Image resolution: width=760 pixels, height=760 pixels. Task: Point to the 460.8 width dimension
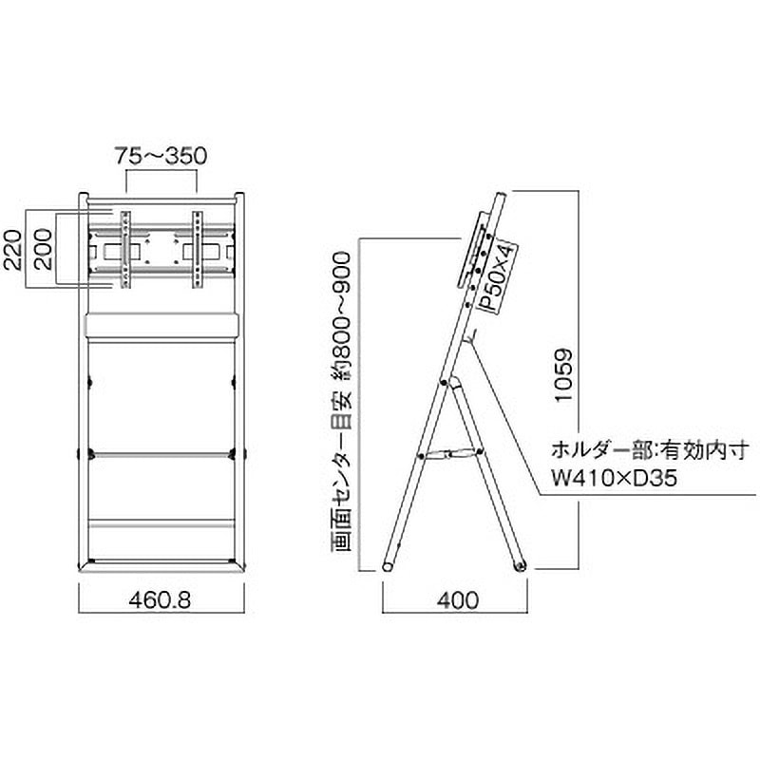(x=161, y=601)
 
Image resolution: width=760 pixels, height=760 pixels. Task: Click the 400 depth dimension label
(x=453, y=601)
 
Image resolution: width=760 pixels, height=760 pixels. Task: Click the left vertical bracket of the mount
(x=123, y=249)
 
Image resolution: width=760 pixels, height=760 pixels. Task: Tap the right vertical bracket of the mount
(x=198, y=249)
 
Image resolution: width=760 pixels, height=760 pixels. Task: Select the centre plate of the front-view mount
(x=161, y=250)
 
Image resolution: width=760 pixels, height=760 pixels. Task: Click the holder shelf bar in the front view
(x=161, y=325)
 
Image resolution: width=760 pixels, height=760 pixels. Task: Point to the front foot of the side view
(x=389, y=567)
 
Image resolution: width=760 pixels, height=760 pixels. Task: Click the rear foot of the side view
(x=519, y=566)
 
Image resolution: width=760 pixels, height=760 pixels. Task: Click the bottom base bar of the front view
(x=161, y=568)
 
